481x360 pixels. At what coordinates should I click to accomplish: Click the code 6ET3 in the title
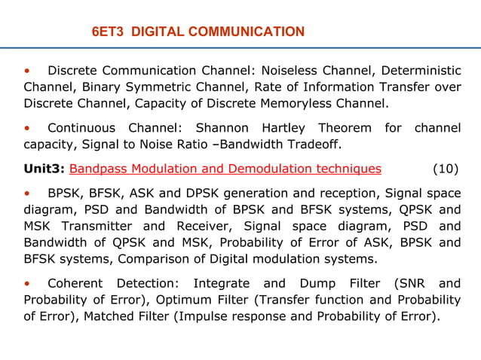106,32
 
